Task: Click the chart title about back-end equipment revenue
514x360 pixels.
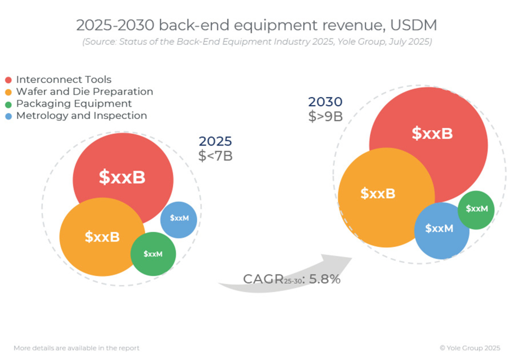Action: tap(257, 25)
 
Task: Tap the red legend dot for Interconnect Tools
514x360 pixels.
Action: tap(8, 80)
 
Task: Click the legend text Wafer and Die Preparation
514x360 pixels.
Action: tap(85, 92)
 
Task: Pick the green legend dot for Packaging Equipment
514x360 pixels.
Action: tap(8, 104)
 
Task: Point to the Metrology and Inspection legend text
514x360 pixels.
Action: tap(81, 116)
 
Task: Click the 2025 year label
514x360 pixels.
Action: tap(215, 141)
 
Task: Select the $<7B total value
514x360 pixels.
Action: tap(215, 156)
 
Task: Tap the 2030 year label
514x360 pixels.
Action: tap(325, 102)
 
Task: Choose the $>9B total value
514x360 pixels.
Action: tap(325, 116)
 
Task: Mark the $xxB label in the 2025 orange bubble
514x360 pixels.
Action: tap(102, 237)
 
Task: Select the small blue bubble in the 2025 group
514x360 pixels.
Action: tap(179, 219)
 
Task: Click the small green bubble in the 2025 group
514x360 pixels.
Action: tap(153, 254)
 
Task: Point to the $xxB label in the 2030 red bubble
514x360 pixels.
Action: tap(432, 133)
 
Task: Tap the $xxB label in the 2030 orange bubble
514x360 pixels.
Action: tap(378, 193)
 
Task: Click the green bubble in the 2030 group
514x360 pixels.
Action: tap(476, 209)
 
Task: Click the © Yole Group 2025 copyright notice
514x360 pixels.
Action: tap(470, 348)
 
